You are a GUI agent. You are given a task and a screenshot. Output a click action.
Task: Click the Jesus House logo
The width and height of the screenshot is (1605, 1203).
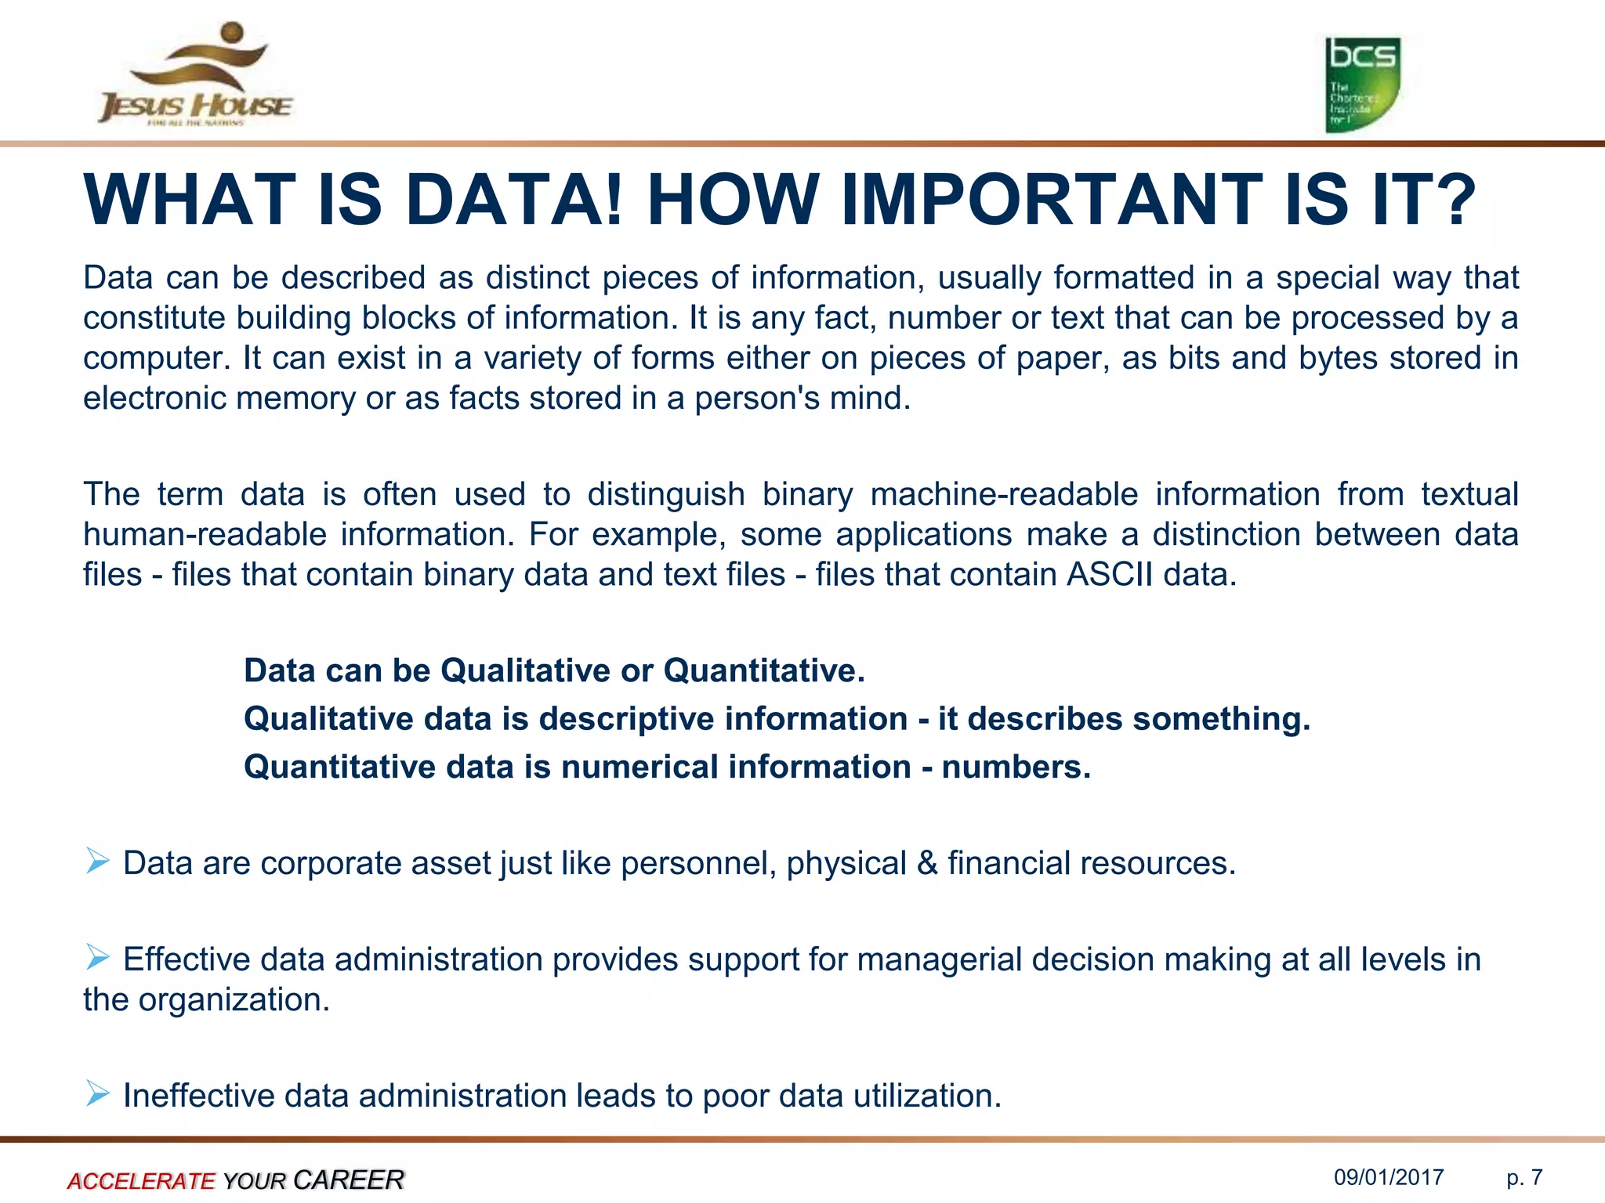(195, 77)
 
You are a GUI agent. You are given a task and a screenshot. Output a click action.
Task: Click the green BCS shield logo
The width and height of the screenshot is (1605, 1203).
(1362, 85)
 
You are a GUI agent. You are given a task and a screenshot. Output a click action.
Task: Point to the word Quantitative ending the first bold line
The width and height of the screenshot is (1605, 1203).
(763, 671)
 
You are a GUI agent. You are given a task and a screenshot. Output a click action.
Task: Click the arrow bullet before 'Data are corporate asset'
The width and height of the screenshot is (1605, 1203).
(98, 862)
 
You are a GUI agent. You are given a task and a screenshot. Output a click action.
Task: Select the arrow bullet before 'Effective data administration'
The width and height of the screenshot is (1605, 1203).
(98, 957)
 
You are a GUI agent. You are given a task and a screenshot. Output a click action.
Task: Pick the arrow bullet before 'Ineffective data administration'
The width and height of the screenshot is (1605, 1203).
(98, 1093)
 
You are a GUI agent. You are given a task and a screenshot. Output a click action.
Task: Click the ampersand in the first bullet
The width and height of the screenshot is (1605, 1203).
(927, 863)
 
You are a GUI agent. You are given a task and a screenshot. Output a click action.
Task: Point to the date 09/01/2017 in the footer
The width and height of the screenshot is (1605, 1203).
(1389, 1177)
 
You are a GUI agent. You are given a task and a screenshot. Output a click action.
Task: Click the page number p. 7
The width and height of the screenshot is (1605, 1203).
(1524, 1177)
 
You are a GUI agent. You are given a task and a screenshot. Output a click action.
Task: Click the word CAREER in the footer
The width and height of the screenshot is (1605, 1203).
(348, 1180)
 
